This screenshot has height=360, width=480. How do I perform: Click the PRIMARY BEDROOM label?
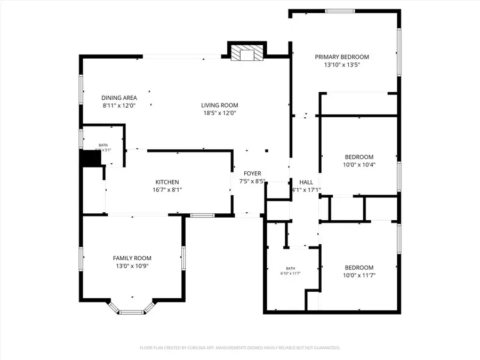[341, 57]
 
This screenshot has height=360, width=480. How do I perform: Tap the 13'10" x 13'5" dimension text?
[341, 65]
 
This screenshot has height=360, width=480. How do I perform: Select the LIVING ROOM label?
[219, 105]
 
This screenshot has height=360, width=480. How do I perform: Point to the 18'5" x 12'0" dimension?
[219, 113]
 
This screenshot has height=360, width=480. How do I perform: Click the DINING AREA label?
[119, 98]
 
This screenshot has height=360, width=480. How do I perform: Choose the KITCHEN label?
[167, 182]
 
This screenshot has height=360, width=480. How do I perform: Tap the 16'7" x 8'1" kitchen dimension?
[167, 190]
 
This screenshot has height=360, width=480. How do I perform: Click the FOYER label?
[252, 173]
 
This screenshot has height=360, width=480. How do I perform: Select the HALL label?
[306, 182]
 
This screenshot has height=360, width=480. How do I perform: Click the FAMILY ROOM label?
[132, 258]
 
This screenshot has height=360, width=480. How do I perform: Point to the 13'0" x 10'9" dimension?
[132, 266]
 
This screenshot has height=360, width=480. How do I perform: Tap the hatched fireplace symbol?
[247, 53]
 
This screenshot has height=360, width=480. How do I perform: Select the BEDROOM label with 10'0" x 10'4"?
[359, 157]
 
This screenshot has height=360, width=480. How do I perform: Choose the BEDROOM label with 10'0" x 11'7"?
[359, 268]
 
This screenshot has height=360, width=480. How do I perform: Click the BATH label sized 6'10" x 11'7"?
[290, 268]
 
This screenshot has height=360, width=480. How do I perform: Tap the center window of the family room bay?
[132, 312]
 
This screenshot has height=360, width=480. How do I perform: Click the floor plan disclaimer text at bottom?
[239, 348]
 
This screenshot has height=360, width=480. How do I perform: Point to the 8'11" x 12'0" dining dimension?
[119, 106]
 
